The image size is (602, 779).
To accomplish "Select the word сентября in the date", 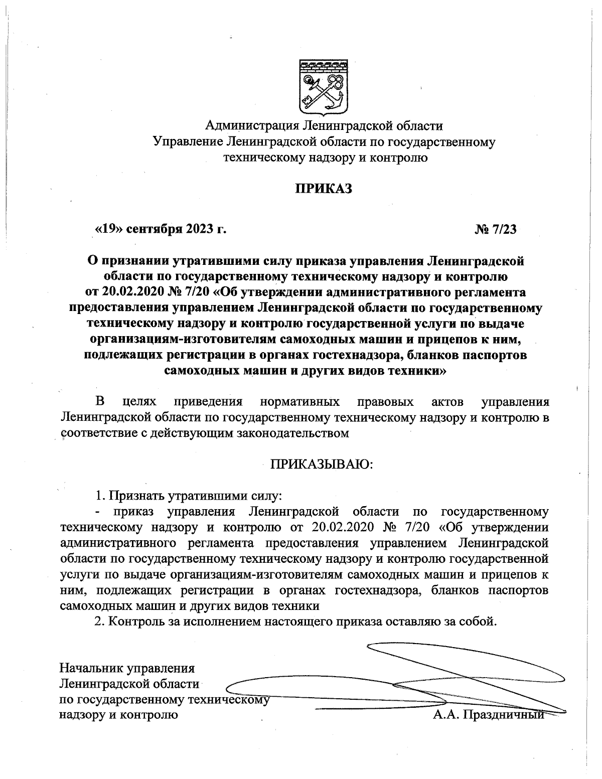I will (x=148, y=229).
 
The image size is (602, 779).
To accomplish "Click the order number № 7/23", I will (x=495, y=229).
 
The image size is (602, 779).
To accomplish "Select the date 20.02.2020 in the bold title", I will (x=130, y=292).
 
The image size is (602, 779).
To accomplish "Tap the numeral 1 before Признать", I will (x=99, y=496).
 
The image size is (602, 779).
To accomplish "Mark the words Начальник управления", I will (x=127, y=668).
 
